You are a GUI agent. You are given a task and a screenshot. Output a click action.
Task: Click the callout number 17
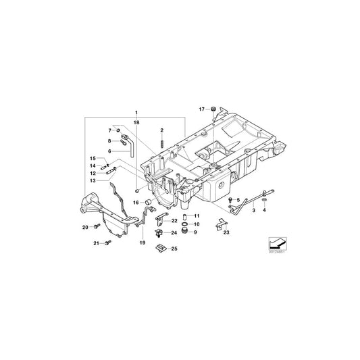pyautogui.click(x=201, y=108)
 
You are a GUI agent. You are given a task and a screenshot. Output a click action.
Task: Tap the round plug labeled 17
pyautogui.click(x=213, y=108)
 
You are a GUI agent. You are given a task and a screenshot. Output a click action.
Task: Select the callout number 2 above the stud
pyautogui.click(x=162, y=128)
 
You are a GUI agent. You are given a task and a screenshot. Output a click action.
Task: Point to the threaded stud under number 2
pyautogui.click(x=162, y=142)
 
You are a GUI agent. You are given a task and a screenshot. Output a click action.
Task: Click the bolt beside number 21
pyautogui.click(x=107, y=242)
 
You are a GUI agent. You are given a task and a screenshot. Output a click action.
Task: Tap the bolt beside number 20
pyautogui.click(x=97, y=225)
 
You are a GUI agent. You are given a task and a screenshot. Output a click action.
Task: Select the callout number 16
pyautogui.click(x=135, y=202)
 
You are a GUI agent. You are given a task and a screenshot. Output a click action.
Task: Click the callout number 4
pyautogui.click(x=264, y=211)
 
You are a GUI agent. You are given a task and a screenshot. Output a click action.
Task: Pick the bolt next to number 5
pyautogui.click(x=230, y=201)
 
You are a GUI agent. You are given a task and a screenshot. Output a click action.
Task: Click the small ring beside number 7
pyautogui.click(x=119, y=129)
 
